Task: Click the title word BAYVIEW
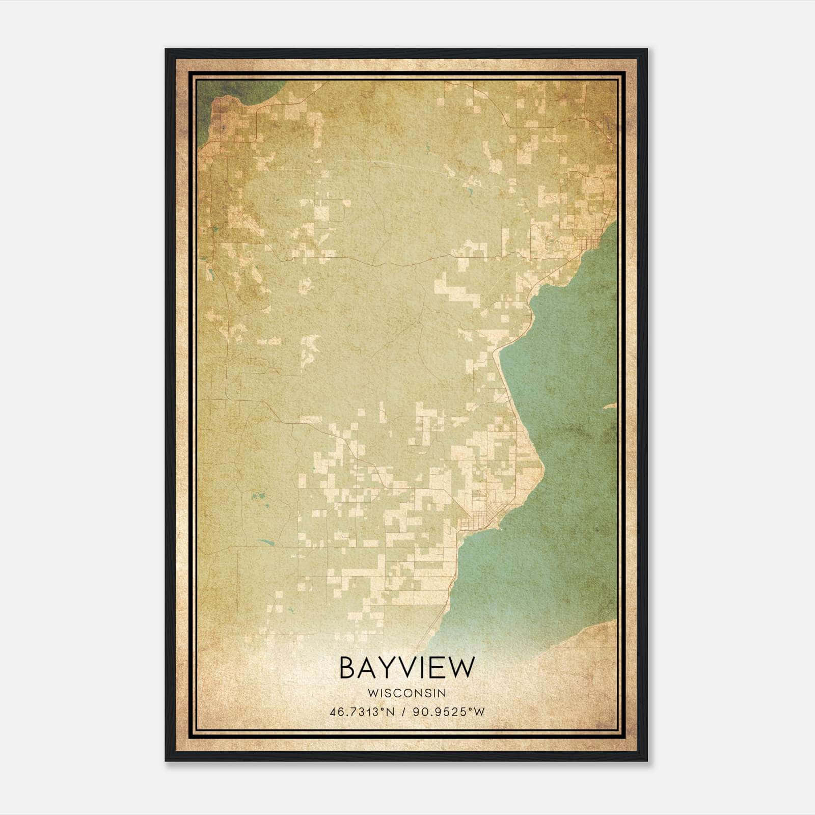pyautogui.click(x=406, y=668)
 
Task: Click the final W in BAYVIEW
pyautogui.click(x=461, y=668)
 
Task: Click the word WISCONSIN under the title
pyautogui.click(x=406, y=693)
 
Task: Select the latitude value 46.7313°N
pyautogui.click(x=362, y=712)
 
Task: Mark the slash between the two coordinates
pyautogui.click(x=403, y=712)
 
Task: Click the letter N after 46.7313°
pyautogui.click(x=390, y=712)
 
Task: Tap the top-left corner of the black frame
pyautogui.click(x=167, y=50)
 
